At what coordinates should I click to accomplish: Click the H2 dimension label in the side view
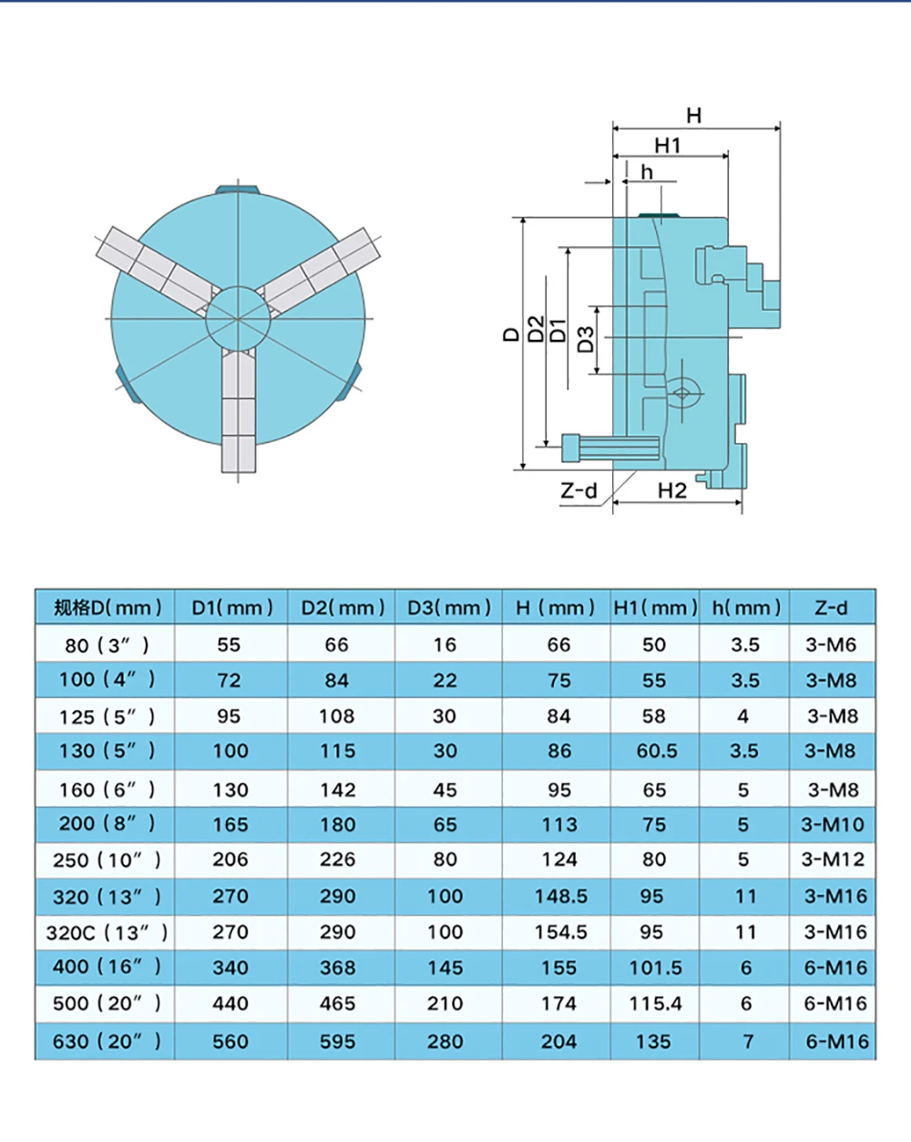pyautogui.click(x=671, y=490)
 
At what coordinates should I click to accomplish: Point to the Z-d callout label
pyautogui.click(x=578, y=491)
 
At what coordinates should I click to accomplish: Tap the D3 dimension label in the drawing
pyautogui.click(x=586, y=339)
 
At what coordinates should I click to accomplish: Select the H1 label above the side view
pyautogui.click(x=667, y=145)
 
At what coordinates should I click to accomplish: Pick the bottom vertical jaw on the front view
pyautogui.click(x=238, y=410)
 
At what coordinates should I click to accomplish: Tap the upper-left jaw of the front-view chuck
pyautogui.click(x=155, y=263)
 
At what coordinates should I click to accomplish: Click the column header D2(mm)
pyautogui.click(x=343, y=607)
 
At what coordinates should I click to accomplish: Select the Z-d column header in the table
pyautogui.click(x=831, y=607)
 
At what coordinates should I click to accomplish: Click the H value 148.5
pyautogui.click(x=560, y=896)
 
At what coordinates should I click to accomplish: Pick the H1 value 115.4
pyautogui.click(x=655, y=1003)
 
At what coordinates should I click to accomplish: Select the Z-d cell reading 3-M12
pyautogui.click(x=833, y=859)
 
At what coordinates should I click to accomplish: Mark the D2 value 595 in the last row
pyautogui.click(x=337, y=1041)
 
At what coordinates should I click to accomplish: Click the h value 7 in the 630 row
pyautogui.click(x=748, y=1041)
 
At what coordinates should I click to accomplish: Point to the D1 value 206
pyautogui.click(x=230, y=859)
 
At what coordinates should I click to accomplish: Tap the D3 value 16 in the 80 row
pyautogui.click(x=445, y=645)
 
